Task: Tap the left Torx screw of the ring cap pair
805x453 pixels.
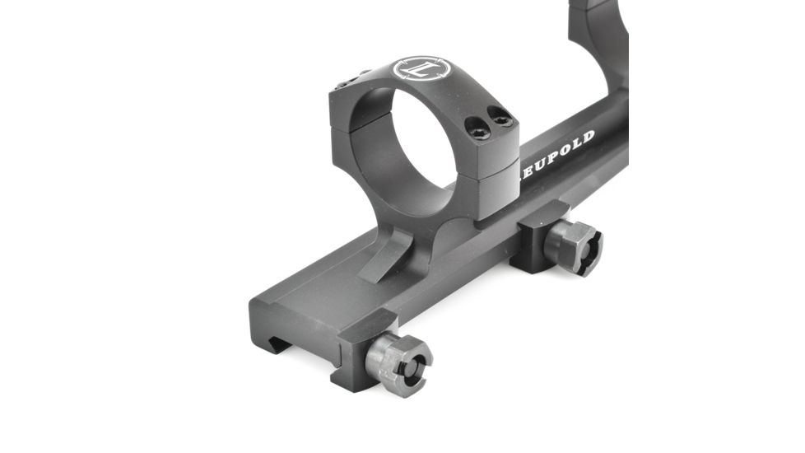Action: (477, 126)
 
